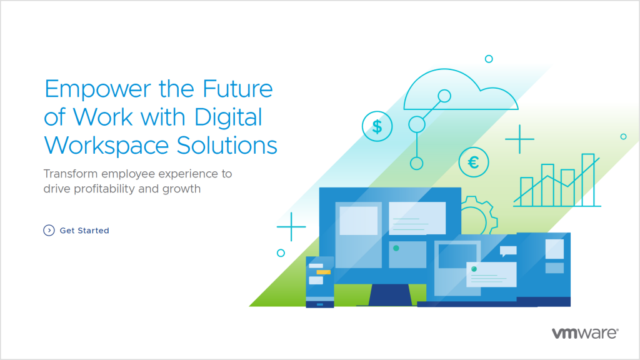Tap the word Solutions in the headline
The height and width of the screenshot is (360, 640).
[231, 145]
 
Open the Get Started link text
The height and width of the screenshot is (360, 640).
[84, 231]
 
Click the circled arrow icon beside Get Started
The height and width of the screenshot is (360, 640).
[49, 231]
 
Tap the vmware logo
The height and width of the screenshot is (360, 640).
[585, 333]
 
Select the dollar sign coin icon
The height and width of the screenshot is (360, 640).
[377, 127]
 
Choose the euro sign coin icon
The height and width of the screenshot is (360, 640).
[473, 162]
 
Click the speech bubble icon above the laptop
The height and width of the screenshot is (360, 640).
[508, 251]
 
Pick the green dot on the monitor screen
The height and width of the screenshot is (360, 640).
[396, 248]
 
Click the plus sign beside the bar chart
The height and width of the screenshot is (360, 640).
[519, 139]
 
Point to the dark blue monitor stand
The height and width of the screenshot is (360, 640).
[390, 294]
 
